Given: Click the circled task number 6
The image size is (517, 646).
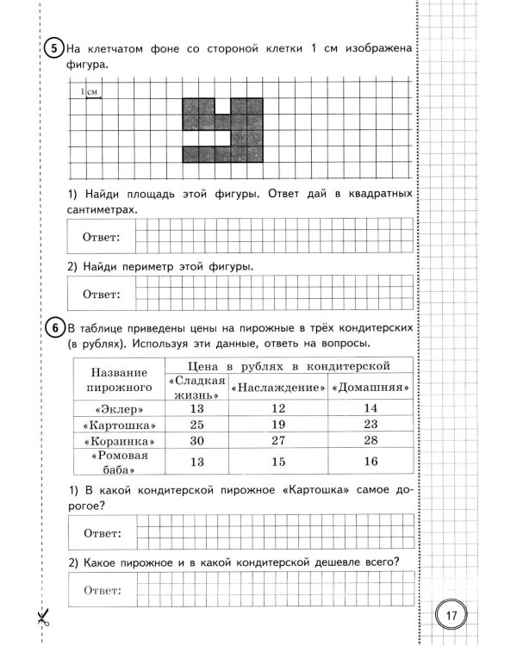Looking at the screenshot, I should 53,329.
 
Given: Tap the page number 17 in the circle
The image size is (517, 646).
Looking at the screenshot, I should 450,617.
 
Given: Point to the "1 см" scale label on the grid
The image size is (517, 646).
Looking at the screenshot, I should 89,91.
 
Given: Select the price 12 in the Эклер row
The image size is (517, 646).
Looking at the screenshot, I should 277,408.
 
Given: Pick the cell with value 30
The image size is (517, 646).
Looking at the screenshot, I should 198,441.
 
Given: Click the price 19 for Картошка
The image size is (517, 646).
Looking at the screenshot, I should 277,425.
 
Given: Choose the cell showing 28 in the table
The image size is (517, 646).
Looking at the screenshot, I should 371,441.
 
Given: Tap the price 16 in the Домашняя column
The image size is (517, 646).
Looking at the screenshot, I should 371,463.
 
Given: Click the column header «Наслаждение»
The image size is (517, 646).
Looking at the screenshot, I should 277,388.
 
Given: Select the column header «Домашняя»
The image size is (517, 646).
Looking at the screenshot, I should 371,388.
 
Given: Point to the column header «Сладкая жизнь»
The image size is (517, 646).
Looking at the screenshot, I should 198,387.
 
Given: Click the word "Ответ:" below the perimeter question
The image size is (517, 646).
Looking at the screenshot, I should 102,294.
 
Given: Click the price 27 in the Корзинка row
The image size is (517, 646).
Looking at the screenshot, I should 277,441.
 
